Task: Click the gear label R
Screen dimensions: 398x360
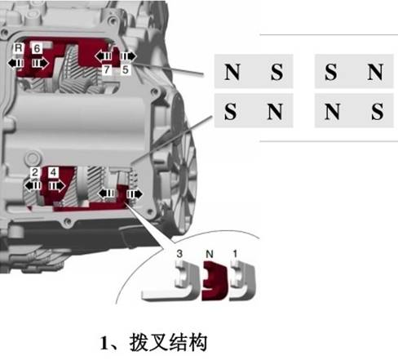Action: [18, 48]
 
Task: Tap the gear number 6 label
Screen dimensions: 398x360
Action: [37, 48]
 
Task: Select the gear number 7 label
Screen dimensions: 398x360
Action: [107, 69]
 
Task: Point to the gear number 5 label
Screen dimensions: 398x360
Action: [126, 69]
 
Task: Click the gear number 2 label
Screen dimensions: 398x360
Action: [34, 172]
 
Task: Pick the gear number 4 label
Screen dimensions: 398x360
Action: [53, 172]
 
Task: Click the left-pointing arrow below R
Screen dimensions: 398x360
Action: [16, 64]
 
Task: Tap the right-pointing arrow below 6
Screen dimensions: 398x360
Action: [40, 64]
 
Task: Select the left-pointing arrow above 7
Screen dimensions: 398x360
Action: [104, 56]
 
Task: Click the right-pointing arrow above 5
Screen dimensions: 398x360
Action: [128, 56]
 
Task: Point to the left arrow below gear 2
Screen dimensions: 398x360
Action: [33, 186]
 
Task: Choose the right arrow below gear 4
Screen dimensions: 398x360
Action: [57, 186]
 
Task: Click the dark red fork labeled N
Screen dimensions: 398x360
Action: [214, 281]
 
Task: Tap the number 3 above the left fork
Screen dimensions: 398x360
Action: [179, 254]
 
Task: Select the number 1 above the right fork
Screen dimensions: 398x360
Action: [235, 254]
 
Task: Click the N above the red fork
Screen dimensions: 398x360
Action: [210, 254]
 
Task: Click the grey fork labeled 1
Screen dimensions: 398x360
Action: [242, 280]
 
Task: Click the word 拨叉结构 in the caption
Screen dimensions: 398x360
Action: [168, 342]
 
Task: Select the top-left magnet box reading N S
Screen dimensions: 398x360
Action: [254, 72]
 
